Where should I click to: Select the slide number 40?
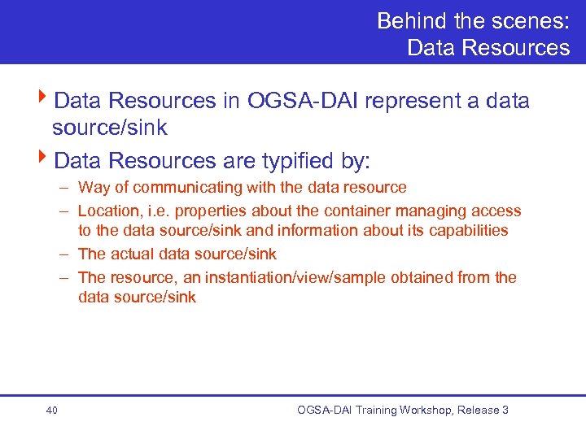point(51,411)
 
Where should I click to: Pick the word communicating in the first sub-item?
point(181,188)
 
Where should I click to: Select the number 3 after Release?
point(505,411)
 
